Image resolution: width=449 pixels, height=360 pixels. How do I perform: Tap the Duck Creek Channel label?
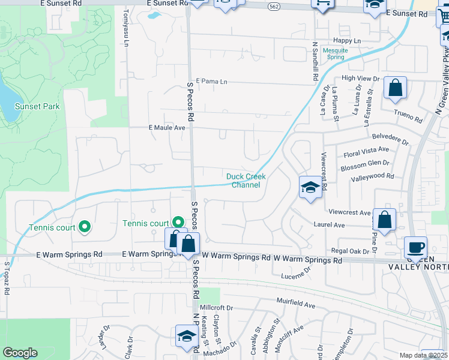click(246, 181)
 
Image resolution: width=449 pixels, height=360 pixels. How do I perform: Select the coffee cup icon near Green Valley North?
click(415, 247)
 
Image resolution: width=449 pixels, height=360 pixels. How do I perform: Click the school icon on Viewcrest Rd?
click(310, 188)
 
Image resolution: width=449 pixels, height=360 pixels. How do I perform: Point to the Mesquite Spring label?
click(335, 53)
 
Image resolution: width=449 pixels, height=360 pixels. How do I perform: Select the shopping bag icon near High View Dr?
click(396, 88)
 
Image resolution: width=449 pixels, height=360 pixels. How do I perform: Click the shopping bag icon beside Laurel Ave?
click(384, 220)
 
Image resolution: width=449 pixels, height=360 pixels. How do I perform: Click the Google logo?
click(20, 352)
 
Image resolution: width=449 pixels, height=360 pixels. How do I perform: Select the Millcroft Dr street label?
click(216, 308)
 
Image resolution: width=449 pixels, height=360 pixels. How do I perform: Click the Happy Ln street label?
click(347, 40)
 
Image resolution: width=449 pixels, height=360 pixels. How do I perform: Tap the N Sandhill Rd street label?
click(315, 61)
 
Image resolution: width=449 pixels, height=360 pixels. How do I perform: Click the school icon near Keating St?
click(187, 336)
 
